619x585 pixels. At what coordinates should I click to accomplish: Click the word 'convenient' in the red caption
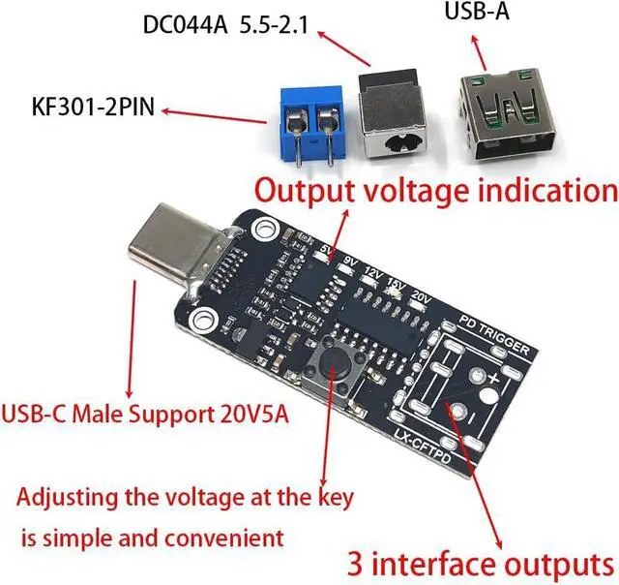click(235, 536)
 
